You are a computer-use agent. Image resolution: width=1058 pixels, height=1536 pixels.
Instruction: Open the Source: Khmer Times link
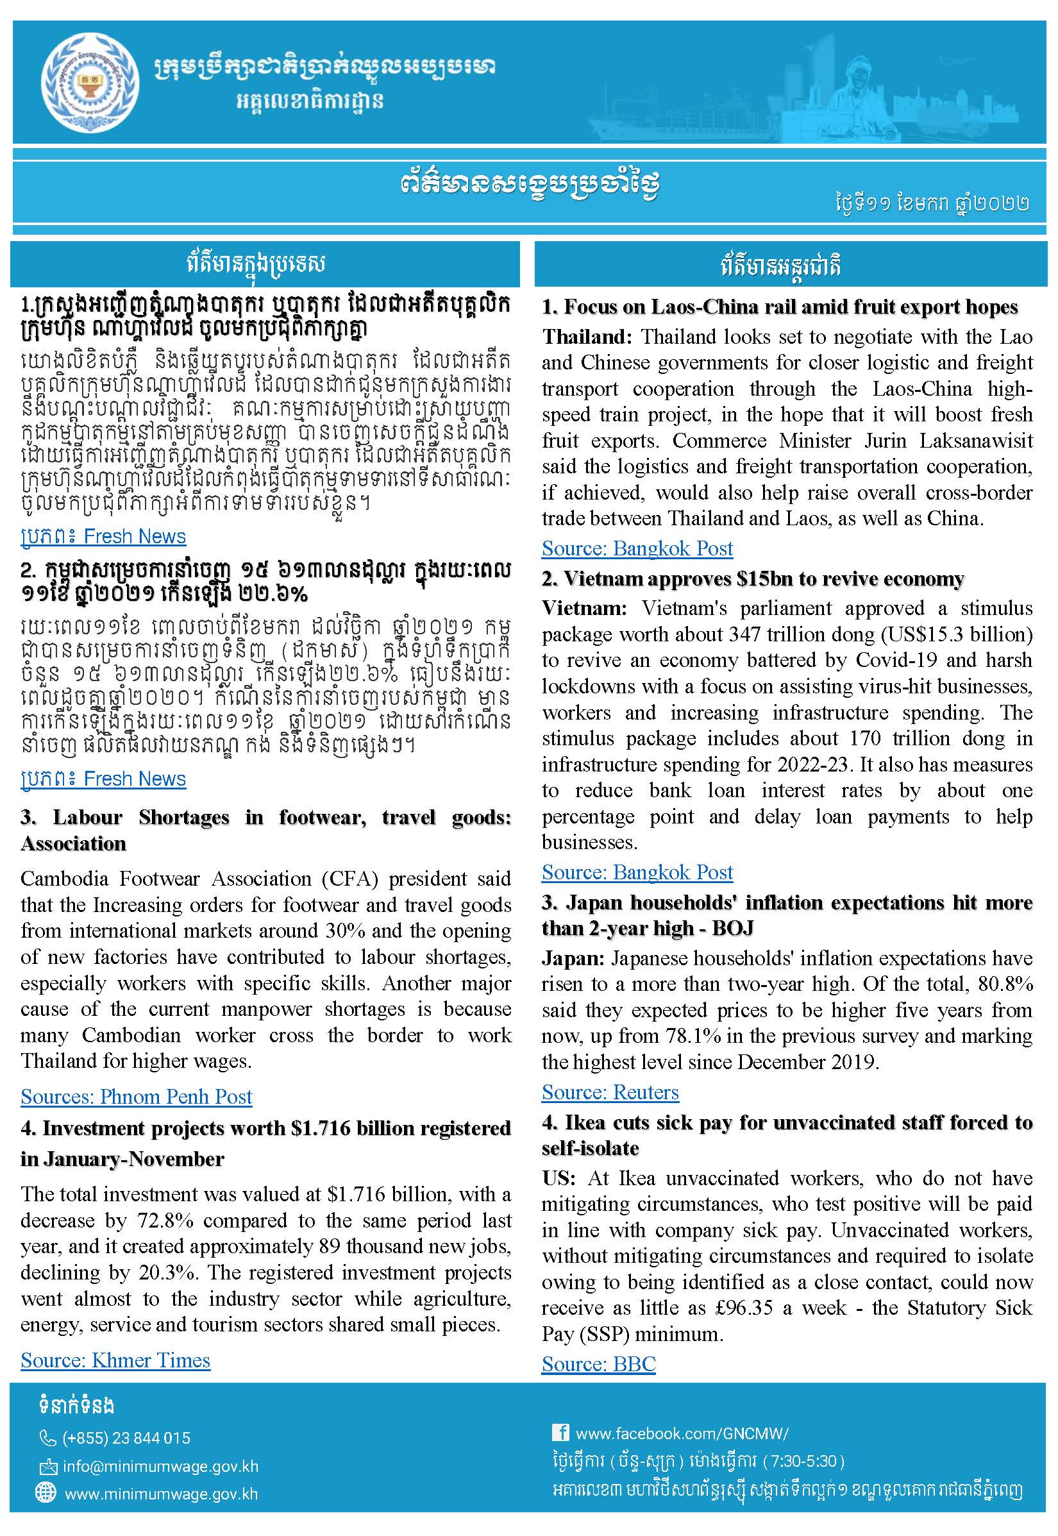pyautogui.click(x=115, y=1360)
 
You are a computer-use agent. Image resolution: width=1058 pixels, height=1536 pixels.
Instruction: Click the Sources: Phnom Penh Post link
pyautogui.click(x=136, y=1097)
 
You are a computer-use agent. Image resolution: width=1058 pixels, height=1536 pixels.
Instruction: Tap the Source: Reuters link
pyautogui.click(x=610, y=1092)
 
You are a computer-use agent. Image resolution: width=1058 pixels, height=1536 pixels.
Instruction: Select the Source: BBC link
pyautogui.click(x=598, y=1363)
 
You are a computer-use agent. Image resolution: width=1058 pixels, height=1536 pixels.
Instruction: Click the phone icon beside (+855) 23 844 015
pyautogui.click(x=47, y=1438)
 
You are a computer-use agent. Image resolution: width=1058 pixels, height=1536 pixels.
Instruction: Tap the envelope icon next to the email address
pyautogui.click(x=47, y=1466)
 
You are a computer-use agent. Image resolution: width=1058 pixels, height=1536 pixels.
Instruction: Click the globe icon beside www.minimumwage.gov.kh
pyautogui.click(x=46, y=1494)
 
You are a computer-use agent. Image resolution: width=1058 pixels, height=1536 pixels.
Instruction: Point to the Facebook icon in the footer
pyautogui.click(x=560, y=1433)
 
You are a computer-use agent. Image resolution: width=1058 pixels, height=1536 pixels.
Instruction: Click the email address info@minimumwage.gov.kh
pyautogui.click(x=160, y=1466)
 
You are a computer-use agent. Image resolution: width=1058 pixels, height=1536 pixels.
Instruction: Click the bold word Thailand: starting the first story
pyautogui.click(x=587, y=337)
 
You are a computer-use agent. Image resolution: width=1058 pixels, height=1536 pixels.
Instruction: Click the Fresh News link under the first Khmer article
pyautogui.click(x=135, y=536)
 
